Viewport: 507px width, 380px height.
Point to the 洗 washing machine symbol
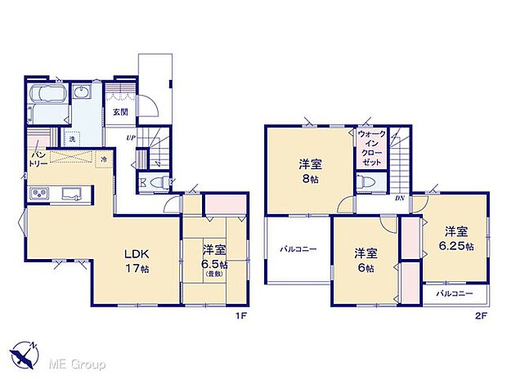[71, 138]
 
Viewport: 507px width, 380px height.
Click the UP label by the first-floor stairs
[131, 137]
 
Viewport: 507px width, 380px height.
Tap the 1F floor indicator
[241, 314]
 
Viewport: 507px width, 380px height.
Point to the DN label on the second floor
[400, 197]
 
